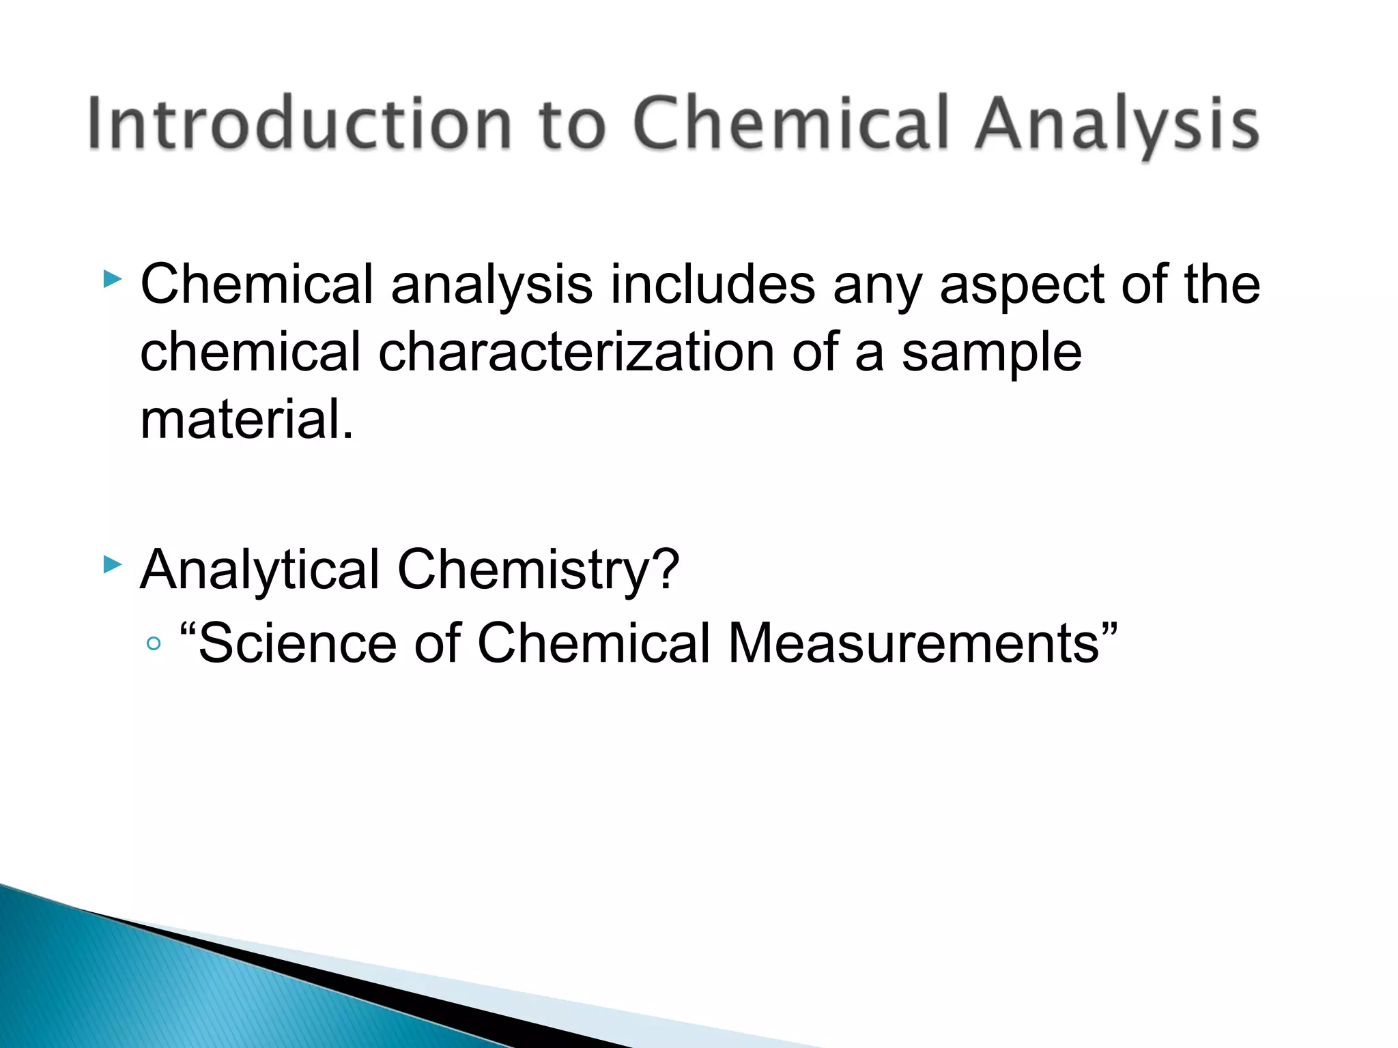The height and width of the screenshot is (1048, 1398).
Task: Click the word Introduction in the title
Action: point(299,123)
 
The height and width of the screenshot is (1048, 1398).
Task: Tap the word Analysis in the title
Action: point(1117,125)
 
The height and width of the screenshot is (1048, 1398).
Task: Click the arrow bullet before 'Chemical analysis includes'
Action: point(113,279)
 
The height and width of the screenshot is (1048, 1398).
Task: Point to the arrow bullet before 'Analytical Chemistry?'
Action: point(113,564)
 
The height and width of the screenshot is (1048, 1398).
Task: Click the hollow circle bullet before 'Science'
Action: point(154,643)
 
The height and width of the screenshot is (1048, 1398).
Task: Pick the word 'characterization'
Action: point(576,352)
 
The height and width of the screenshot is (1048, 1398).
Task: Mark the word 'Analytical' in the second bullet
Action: point(259,570)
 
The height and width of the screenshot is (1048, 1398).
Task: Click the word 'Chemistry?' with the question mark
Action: point(538,570)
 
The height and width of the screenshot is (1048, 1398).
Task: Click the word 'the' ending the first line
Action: point(1221,284)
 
